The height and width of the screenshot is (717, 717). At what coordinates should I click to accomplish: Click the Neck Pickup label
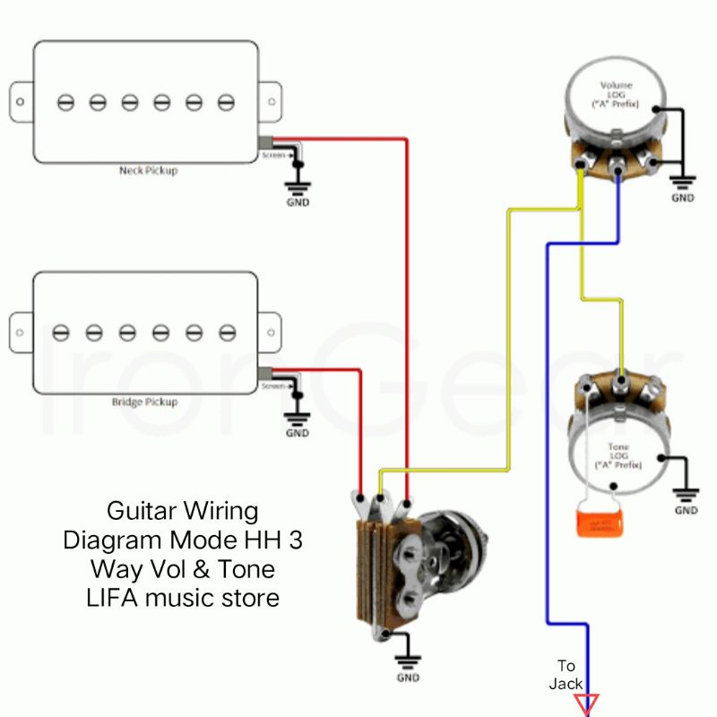[149, 170]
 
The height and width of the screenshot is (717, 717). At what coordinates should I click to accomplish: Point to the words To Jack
[566, 674]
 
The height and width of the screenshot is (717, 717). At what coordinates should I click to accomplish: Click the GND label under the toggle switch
[408, 678]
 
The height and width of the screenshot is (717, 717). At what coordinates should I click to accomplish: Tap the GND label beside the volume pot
[683, 197]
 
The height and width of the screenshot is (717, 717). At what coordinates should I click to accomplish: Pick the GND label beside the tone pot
[687, 511]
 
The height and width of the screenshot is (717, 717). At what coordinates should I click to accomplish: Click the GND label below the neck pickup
[298, 203]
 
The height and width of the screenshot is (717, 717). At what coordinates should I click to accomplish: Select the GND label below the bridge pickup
[298, 434]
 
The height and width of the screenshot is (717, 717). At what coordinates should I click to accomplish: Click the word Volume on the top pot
[616, 86]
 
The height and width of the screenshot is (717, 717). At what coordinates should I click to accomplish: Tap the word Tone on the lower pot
[618, 446]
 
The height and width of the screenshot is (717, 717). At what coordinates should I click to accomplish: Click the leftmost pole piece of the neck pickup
[65, 102]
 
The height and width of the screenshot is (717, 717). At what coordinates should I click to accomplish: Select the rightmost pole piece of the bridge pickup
[226, 333]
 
